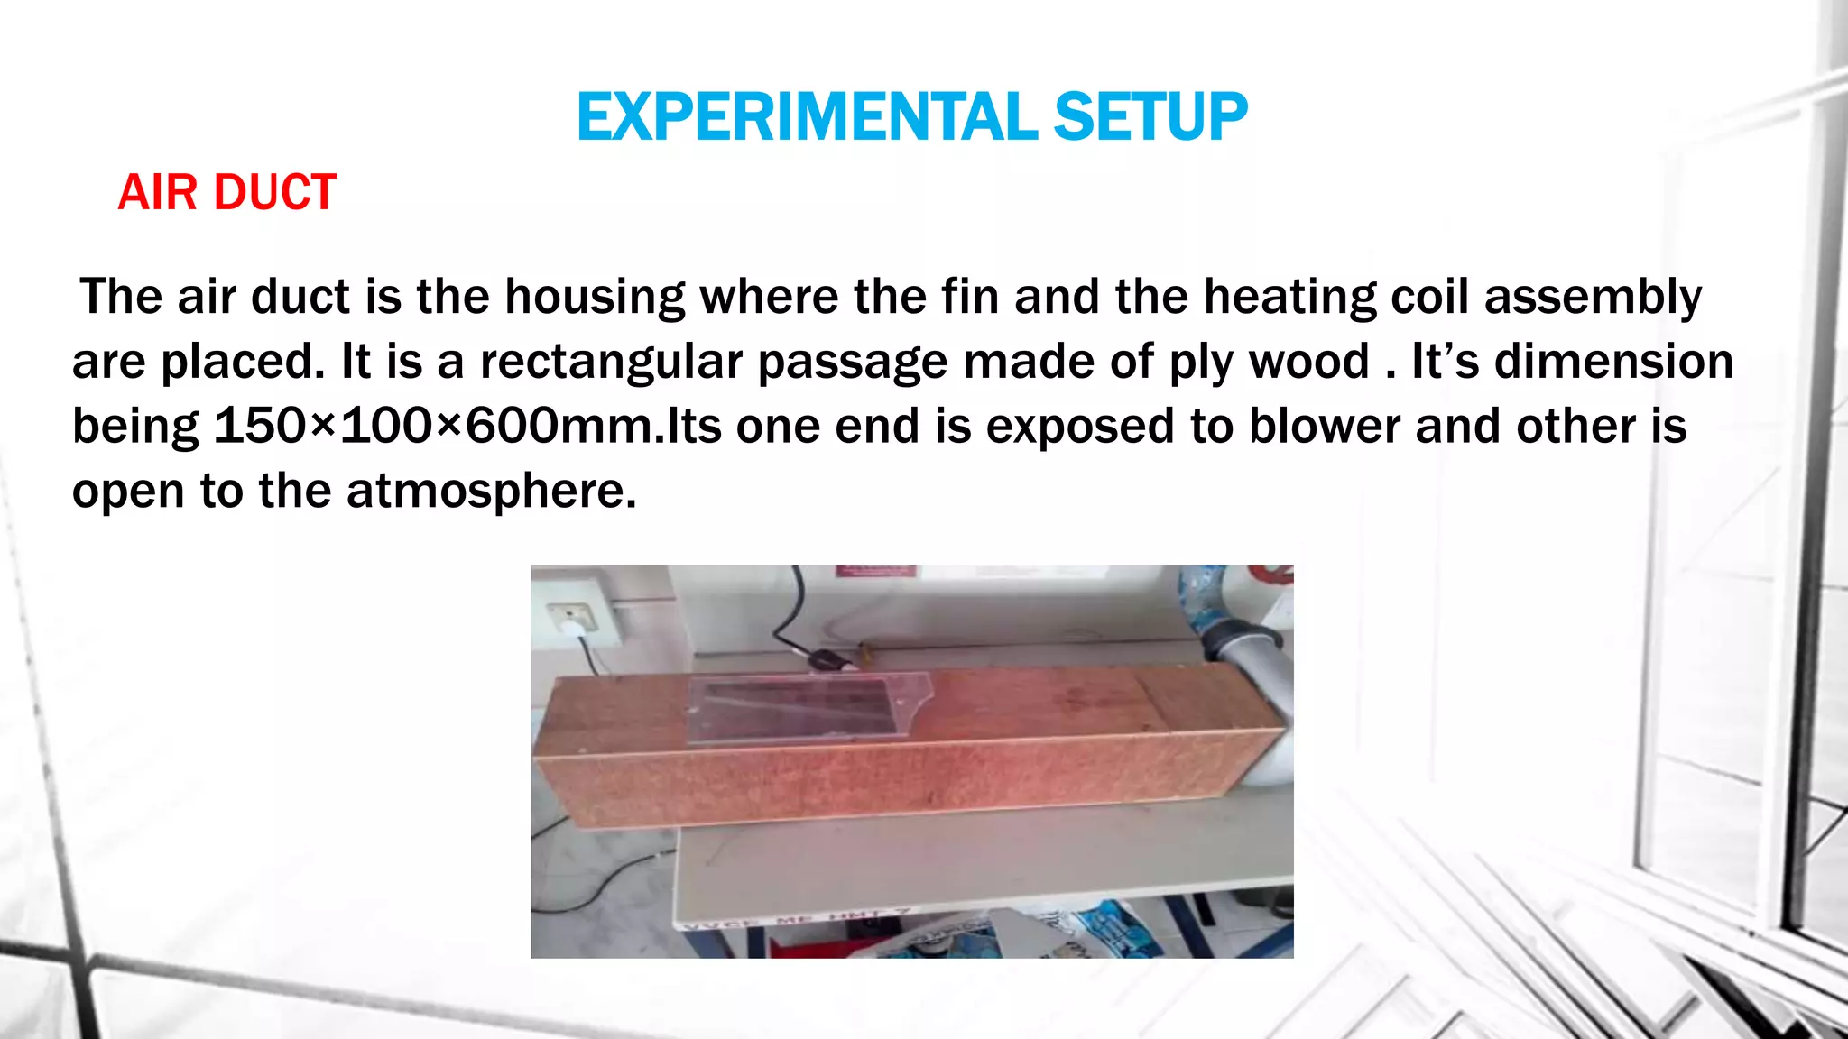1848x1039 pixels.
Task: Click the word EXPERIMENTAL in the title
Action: pyautogui.click(x=808, y=117)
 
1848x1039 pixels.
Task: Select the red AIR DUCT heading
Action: pyautogui.click(x=226, y=192)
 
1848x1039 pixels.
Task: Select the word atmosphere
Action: pyautogui.click(x=491, y=491)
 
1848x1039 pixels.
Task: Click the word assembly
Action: pyautogui.click(x=1593, y=297)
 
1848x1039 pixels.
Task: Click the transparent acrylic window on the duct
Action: pyautogui.click(x=803, y=709)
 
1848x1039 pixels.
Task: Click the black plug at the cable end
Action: pyautogui.click(x=830, y=660)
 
